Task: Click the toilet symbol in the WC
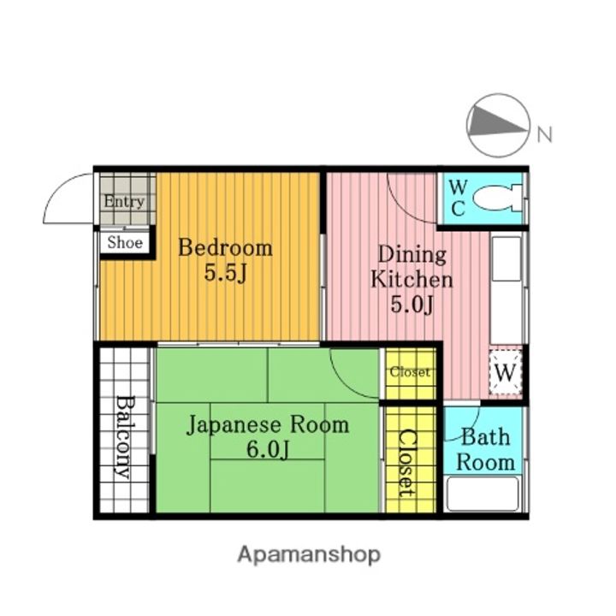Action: click(496, 197)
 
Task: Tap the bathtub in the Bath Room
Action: click(483, 494)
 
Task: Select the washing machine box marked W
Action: click(506, 372)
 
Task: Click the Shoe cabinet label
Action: click(125, 242)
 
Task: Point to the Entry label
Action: click(124, 202)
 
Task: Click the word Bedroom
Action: click(225, 248)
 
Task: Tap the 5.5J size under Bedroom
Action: click(225, 273)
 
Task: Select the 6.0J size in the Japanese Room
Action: click(268, 449)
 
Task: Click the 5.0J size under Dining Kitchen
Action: click(412, 305)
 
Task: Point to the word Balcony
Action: click(125, 437)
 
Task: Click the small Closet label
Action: click(410, 371)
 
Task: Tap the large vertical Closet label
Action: click(406, 463)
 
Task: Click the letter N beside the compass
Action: click(544, 134)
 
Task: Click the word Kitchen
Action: click(412, 279)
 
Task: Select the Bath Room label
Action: click(486, 449)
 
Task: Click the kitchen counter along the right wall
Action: click(506, 288)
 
